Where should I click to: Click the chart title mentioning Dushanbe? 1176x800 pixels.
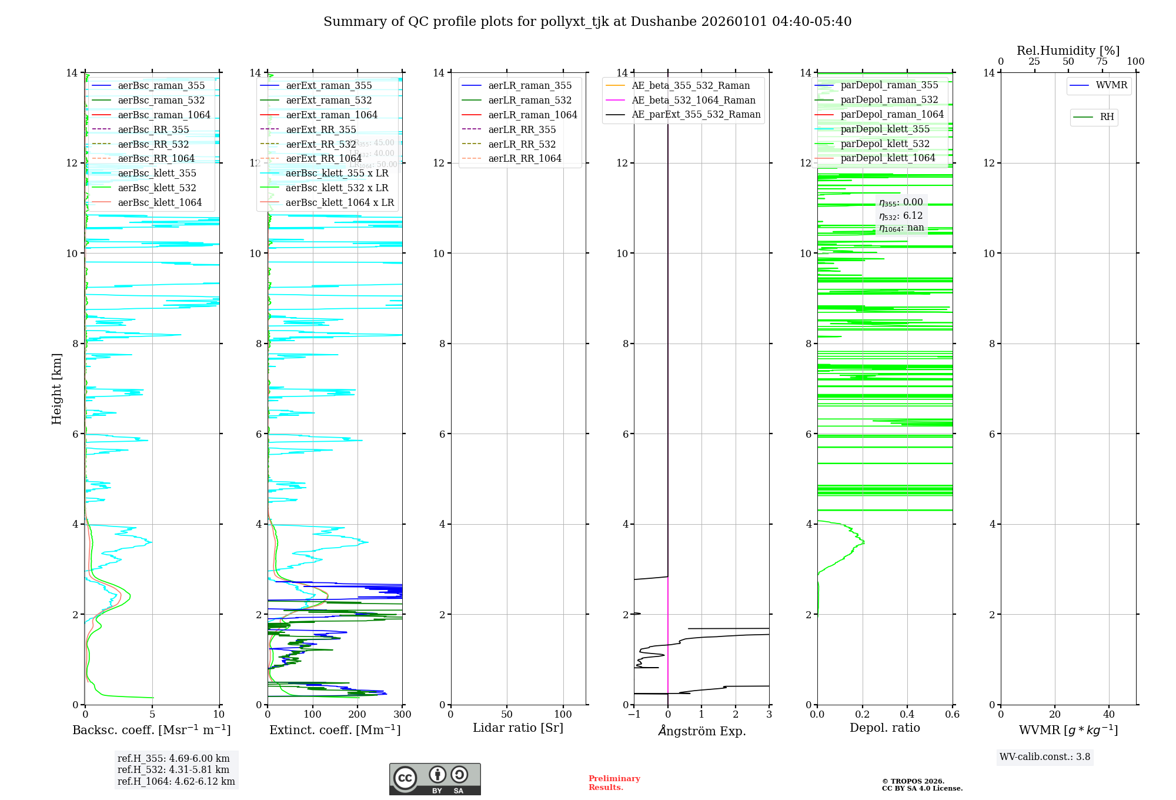(x=587, y=22)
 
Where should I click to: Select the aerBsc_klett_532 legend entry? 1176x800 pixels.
(x=156, y=188)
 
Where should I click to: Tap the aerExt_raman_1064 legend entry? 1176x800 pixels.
(x=332, y=115)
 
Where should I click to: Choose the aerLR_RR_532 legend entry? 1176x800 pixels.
(x=522, y=145)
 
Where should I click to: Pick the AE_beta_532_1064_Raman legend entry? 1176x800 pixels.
(x=693, y=101)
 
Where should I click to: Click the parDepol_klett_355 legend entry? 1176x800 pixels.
(x=885, y=129)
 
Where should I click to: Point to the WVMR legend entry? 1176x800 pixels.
(x=1111, y=86)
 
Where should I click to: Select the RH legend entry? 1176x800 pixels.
(x=1107, y=117)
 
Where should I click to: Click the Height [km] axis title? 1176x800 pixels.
(x=56, y=388)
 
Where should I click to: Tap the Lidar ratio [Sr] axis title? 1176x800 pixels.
(x=518, y=728)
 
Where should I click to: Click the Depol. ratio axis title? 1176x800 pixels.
(x=885, y=728)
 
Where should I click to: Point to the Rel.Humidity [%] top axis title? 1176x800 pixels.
(x=1068, y=51)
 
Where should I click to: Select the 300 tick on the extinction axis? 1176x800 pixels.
(x=403, y=715)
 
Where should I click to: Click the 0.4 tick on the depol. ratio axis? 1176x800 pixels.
(x=907, y=715)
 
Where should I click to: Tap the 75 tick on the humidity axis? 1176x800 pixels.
(x=1102, y=62)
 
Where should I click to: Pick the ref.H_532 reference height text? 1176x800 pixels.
(x=173, y=770)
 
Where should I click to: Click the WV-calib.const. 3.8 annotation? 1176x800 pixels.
(x=1045, y=757)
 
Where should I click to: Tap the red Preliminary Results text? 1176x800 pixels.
(x=614, y=783)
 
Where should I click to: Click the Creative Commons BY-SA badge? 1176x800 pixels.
(x=435, y=779)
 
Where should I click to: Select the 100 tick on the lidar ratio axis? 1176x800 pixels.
(x=563, y=715)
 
